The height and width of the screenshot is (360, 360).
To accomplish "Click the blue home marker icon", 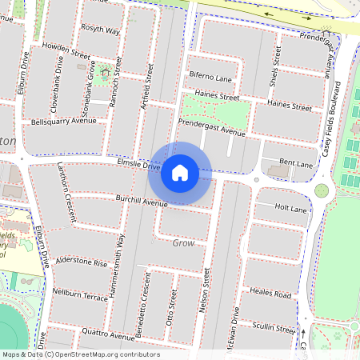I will (180, 173).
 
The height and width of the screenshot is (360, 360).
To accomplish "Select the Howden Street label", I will (66, 50).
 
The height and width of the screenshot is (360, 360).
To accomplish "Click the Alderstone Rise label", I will (80, 262).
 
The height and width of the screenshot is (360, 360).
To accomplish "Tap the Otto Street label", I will (170, 306).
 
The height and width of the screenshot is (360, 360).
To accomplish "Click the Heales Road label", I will (270, 294).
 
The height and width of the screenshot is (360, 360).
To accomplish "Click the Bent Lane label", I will (295, 162).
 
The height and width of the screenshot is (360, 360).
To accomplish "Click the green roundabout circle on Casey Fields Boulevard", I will (322, 190).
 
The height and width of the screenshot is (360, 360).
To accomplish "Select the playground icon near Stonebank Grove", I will (105, 73).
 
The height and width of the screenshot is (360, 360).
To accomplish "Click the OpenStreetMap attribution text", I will (80, 354).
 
